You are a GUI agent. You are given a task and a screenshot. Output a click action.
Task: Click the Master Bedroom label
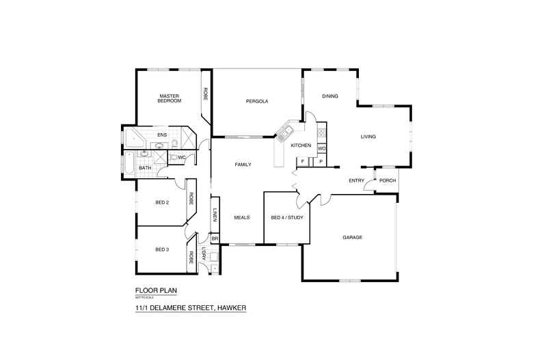click(x=170, y=98)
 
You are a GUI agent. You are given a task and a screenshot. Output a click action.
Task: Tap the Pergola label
click(x=257, y=101)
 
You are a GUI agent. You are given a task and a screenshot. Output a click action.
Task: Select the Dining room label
click(x=330, y=96)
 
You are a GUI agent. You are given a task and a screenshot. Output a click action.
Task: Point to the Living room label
click(x=368, y=137)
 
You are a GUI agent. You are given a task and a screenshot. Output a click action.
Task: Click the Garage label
click(x=352, y=238)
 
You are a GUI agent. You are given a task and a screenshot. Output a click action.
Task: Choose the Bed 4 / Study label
click(x=287, y=217)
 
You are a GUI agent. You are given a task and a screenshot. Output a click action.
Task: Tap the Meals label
click(x=242, y=217)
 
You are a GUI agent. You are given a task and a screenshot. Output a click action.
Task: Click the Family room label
click(x=243, y=165)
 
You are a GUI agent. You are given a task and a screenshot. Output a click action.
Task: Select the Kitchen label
click(x=301, y=146)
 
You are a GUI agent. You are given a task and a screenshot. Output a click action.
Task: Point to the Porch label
click(x=388, y=180)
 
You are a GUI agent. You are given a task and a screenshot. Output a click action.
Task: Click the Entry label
click(x=356, y=180)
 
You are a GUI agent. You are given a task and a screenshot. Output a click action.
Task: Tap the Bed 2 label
click(x=162, y=202)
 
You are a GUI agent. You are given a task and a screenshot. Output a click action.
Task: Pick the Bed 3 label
click(x=162, y=249)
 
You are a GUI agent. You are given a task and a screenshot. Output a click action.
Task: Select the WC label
click(x=182, y=158)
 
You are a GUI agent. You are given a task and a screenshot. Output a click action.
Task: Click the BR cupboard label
click(x=215, y=239)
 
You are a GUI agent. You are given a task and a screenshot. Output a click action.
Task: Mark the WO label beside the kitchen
click(x=321, y=148)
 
